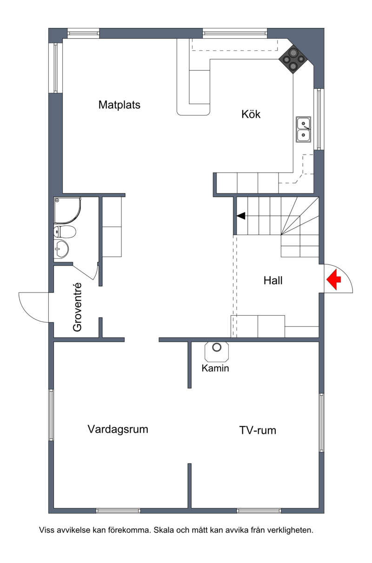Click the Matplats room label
(119, 105)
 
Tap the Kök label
(251, 114)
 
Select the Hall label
(273, 280)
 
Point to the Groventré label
(77, 307)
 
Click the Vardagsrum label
(118, 429)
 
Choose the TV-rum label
(258, 430)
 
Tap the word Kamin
(215, 368)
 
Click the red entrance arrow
(333, 279)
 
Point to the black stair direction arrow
(241, 216)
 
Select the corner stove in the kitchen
(293, 59)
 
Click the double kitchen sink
(303, 129)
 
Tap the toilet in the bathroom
(65, 231)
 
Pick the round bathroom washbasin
(61, 249)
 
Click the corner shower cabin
(67, 210)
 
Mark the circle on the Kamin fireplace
(217, 347)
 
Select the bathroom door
(84, 271)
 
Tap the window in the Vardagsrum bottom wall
(118, 510)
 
